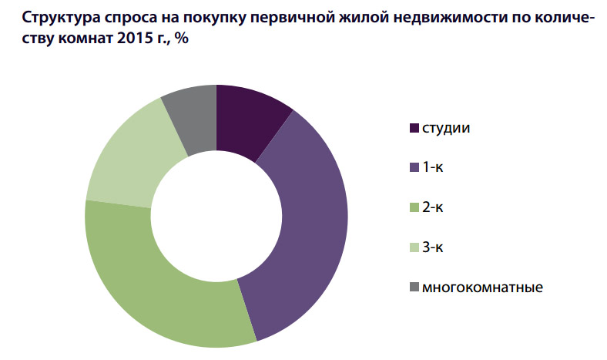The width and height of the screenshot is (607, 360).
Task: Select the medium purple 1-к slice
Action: click(x=304, y=231)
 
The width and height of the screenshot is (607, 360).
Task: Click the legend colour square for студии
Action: click(x=412, y=127)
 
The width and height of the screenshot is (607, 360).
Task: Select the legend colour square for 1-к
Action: click(x=412, y=167)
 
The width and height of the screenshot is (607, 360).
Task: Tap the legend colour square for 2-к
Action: click(x=412, y=207)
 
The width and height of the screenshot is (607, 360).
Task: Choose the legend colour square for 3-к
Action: click(x=412, y=247)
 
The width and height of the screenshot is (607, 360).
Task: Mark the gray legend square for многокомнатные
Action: click(x=412, y=288)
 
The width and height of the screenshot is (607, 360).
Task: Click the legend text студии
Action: click(x=446, y=127)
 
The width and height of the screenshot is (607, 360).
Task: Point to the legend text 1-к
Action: click(x=434, y=167)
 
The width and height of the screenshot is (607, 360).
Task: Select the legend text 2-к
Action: click(x=434, y=207)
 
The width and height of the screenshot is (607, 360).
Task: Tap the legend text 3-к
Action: click(x=434, y=247)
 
